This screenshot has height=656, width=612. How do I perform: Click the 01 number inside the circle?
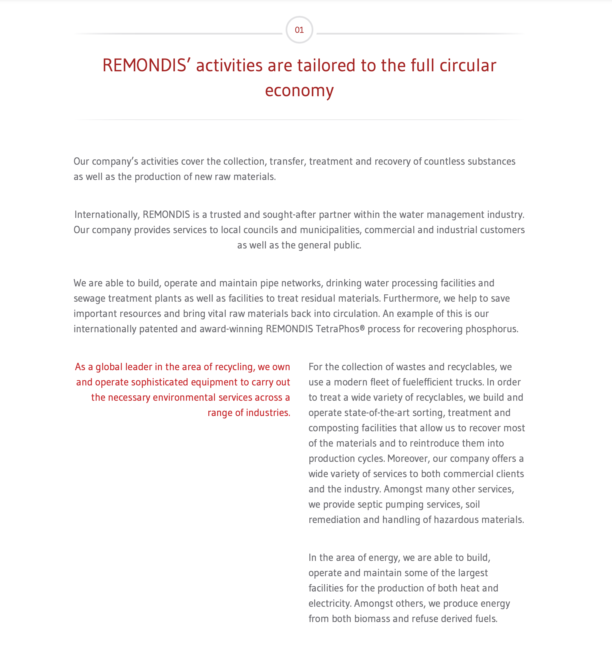pos(299,30)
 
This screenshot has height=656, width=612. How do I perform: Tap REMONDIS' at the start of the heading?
pos(147,65)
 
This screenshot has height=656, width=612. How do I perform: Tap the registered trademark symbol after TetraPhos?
pos(362,328)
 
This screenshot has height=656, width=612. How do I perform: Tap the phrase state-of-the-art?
pos(378,413)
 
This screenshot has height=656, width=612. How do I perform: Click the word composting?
pos(333,428)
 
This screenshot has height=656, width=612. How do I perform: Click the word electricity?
pos(329,604)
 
